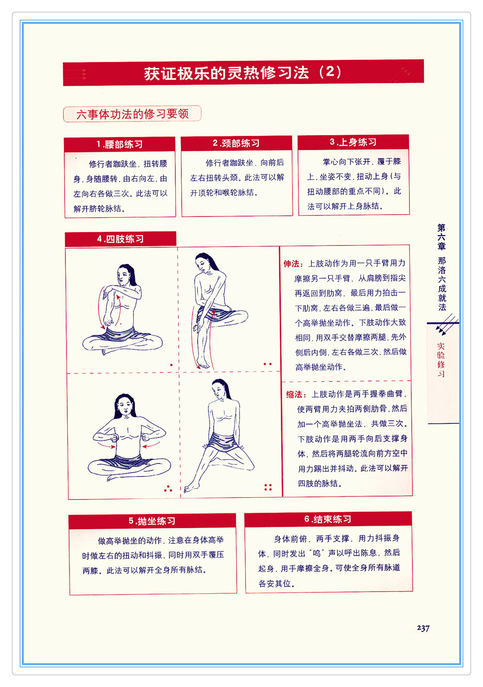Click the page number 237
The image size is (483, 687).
tap(423, 628)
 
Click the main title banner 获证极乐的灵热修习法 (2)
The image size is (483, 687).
tap(243, 73)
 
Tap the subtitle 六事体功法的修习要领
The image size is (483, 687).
tap(132, 114)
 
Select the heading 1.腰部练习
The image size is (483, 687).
tap(120, 144)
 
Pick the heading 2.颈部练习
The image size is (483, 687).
tap(236, 143)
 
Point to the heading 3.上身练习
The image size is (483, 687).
tap(353, 142)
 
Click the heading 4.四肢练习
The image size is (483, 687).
tap(120, 239)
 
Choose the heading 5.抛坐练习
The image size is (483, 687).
tap(152, 521)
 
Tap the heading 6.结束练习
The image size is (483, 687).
tap(328, 519)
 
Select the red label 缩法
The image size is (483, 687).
tap(296, 394)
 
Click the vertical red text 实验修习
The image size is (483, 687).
tap(441, 359)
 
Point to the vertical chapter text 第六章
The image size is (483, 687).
tap(441, 237)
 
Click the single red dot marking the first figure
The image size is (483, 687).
tap(171, 365)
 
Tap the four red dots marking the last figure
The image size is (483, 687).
tap(268, 487)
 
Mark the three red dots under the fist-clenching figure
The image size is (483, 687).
tap(168, 489)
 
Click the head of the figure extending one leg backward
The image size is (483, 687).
tap(220, 389)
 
